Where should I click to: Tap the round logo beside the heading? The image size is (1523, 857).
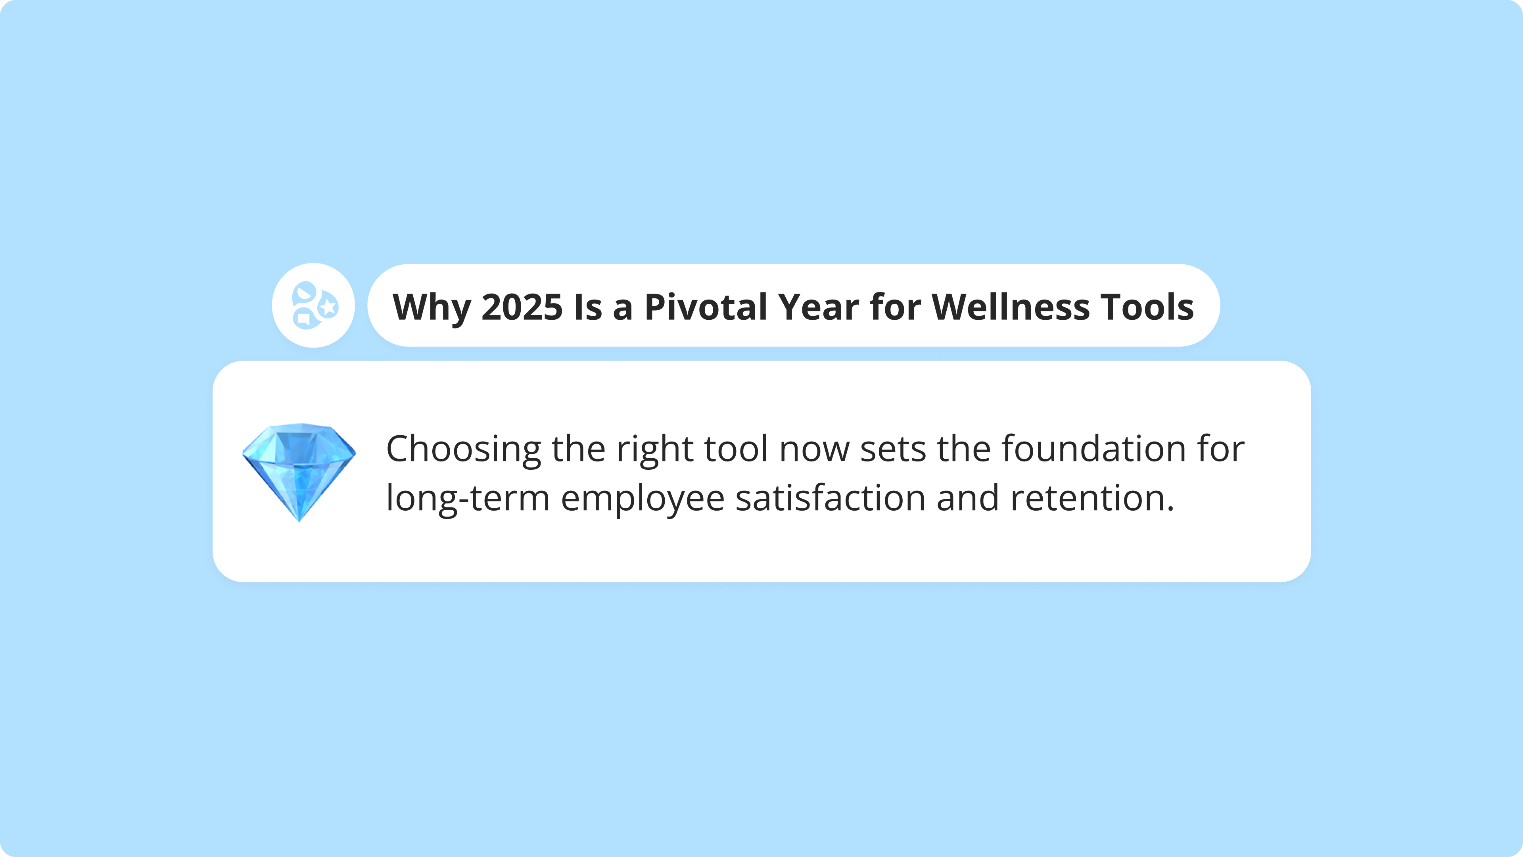313,305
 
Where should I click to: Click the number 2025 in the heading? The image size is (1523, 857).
522,307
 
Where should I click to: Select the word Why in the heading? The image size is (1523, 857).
432,307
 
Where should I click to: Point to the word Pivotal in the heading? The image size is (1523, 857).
705,307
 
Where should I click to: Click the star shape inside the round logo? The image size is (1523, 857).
329,306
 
